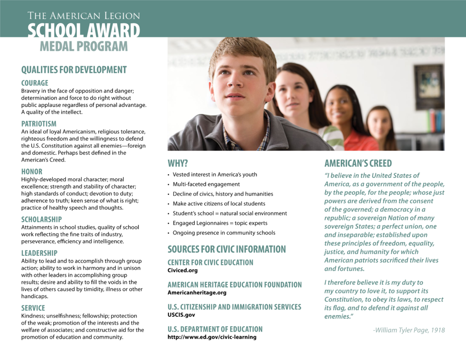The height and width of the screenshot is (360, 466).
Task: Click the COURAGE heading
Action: (35, 83)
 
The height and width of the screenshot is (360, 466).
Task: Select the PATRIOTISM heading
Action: (39, 124)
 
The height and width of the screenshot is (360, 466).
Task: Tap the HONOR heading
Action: (32, 172)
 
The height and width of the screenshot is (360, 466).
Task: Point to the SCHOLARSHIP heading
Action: (41, 219)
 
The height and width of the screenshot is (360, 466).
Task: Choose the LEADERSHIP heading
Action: (40, 253)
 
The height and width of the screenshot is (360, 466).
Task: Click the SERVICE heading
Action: (33, 308)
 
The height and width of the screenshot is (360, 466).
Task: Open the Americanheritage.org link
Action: (197, 293)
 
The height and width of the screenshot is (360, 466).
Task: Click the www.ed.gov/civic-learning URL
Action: (212, 337)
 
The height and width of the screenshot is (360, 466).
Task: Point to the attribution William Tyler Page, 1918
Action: (409, 330)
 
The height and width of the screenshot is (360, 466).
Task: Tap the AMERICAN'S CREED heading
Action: (358, 163)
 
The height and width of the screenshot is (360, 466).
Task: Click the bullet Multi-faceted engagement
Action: (206, 184)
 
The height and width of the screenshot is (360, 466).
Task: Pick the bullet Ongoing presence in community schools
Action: (224, 233)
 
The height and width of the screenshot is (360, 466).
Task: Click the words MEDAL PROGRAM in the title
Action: (84, 46)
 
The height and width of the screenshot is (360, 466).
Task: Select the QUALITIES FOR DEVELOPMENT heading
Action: (74, 70)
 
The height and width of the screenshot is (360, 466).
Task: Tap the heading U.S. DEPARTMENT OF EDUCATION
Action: (215, 329)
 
